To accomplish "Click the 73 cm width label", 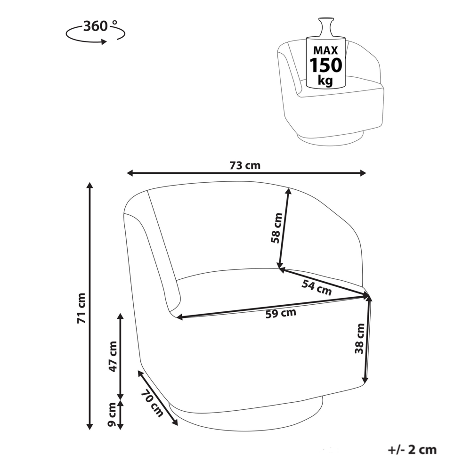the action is [245, 165].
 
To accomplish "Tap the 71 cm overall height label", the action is [81, 308].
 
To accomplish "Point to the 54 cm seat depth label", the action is [317, 287].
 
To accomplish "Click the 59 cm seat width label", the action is [281, 313].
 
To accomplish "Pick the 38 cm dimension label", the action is [359, 339].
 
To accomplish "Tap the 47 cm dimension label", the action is [113, 357].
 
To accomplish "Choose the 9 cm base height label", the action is [112, 415].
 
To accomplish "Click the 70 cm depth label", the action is [152, 403].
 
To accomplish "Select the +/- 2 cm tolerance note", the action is [412, 450].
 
